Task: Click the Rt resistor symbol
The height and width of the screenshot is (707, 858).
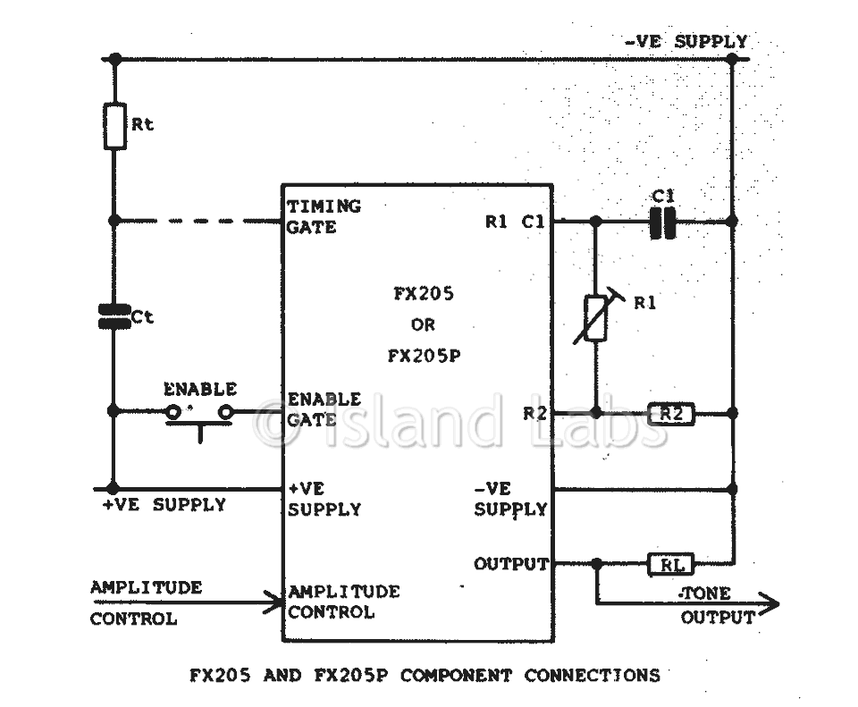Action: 115,126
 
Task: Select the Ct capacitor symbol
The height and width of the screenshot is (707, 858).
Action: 114,316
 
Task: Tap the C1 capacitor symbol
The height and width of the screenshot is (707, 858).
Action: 662,222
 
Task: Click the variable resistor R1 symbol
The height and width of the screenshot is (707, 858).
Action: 596,318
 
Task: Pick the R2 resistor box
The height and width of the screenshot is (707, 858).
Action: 671,414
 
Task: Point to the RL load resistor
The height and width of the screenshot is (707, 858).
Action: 671,564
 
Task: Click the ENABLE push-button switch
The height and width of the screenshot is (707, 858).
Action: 199,416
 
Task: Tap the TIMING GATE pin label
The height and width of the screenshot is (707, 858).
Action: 324,216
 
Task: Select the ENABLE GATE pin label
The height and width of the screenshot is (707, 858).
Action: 324,409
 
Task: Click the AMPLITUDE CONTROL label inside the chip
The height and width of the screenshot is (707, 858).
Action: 343,602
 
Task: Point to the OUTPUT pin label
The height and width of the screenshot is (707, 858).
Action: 511,564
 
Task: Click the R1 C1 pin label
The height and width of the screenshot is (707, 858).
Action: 515,222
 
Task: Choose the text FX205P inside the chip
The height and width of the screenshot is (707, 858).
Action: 424,357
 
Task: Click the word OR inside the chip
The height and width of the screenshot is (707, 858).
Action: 423,325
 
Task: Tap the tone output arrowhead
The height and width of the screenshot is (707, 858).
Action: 769,604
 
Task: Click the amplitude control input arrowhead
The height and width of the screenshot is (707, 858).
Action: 273,602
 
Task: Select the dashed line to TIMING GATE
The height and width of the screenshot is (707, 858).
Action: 198,221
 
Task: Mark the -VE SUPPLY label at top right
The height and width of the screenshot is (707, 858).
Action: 686,42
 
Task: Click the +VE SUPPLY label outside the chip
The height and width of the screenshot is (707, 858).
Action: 164,504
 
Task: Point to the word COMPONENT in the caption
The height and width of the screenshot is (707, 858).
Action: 456,675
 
